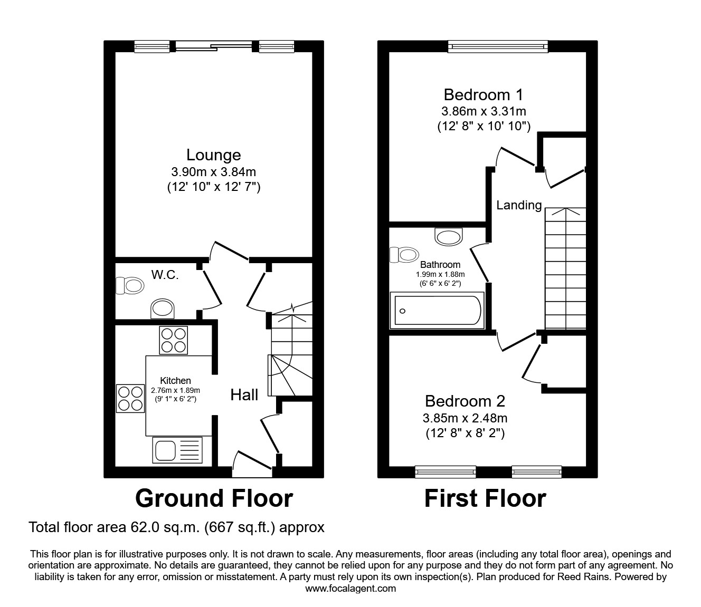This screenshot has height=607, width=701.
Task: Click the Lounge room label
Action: point(213,155)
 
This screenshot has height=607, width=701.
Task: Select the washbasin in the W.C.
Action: point(163,309)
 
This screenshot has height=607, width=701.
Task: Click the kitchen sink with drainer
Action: point(177,450)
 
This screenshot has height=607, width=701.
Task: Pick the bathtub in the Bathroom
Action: point(438,311)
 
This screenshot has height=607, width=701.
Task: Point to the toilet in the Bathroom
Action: point(404,255)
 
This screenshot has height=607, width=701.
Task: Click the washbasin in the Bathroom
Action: point(449,236)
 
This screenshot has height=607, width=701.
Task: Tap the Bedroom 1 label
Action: point(483,94)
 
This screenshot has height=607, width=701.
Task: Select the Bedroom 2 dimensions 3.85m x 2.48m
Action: point(465,418)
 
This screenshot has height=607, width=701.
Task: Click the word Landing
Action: point(519,205)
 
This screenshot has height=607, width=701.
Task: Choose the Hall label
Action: point(244,394)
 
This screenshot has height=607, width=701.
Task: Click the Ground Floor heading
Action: point(214,498)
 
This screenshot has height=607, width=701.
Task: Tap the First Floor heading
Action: point(485,498)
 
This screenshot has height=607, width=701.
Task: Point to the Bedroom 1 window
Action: point(498,47)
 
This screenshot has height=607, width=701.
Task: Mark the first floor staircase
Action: point(565,268)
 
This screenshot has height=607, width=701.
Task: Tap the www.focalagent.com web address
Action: point(350,589)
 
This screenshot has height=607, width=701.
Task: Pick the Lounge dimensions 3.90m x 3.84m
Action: point(213,171)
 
